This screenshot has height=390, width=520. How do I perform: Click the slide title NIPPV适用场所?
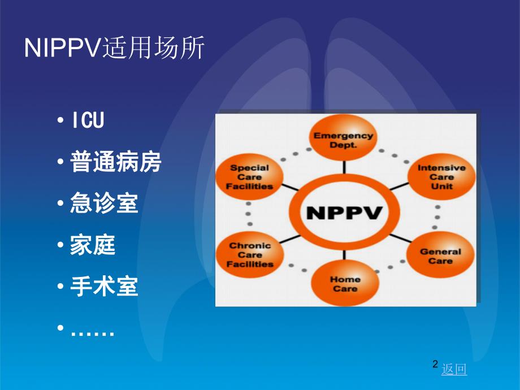pyautogui.click(x=115, y=49)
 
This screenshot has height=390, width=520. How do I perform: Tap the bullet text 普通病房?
pyautogui.click(x=116, y=162)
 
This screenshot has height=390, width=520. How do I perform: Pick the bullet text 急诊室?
pyautogui.click(x=104, y=203)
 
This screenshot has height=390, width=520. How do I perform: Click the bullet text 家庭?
pyautogui.click(x=93, y=245)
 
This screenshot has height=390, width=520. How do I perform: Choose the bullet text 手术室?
pyautogui.click(x=104, y=287)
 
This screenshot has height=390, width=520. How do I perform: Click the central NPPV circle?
pyautogui.click(x=344, y=214)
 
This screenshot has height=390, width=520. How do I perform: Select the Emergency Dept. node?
pyautogui.click(x=343, y=140)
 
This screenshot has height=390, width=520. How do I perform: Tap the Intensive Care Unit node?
pyautogui.click(x=441, y=176)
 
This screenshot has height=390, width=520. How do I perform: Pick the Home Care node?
pyautogui.click(x=344, y=283)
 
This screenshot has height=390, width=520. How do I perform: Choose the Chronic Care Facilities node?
pyautogui.click(x=250, y=254)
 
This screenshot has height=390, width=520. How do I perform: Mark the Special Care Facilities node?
pyautogui.click(x=252, y=176)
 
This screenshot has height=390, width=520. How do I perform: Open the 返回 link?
pyautogui.click(x=454, y=370)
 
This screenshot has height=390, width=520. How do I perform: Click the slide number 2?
pyautogui.click(x=435, y=365)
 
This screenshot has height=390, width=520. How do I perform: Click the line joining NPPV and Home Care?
pyautogui.click(x=344, y=256)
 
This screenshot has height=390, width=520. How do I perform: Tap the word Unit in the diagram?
pyautogui.click(x=441, y=186)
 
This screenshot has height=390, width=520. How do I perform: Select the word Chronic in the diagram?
pyautogui.click(x=250, y=245)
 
